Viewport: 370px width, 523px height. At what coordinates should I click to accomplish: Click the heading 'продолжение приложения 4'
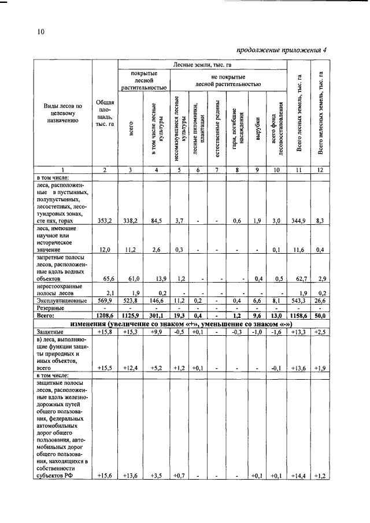pos(282,50)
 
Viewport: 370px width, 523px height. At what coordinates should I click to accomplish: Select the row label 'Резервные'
pos(50,309)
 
